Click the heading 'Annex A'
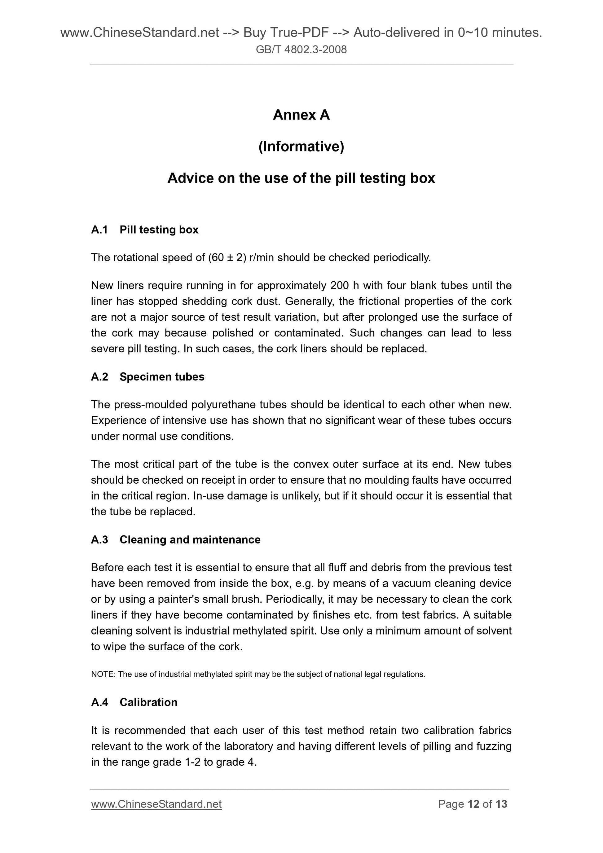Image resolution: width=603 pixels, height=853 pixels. tap(301, 115)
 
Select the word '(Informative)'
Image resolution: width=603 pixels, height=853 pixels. tap(301, 147)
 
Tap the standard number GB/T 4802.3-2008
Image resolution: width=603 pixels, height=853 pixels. tap(301, 49)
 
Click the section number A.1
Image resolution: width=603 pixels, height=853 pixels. tap(99, 230)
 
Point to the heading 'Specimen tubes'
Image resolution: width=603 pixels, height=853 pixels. tap(162, 377)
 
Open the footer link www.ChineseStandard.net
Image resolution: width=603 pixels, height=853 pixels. tap(156, 804)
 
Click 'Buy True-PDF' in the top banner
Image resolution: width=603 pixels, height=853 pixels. tap(286, 33)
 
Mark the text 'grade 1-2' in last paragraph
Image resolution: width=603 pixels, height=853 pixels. tap(177, 762)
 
